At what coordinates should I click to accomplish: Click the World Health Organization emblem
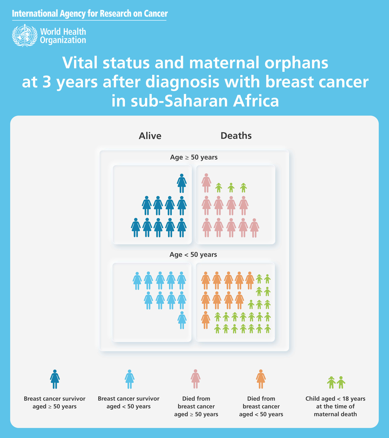pos(25,36)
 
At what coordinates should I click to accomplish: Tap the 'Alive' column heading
pos(150,136)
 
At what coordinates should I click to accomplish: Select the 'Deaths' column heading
pos(236,136)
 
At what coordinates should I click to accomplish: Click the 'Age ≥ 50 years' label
pos(194,157)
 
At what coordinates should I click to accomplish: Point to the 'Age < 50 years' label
pos(193,255)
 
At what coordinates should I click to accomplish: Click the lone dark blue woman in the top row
pos(182,183)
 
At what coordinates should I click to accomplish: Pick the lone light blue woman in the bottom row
pos(182,320)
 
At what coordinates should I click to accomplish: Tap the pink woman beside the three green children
pos(206,183)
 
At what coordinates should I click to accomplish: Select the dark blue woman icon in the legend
pos(55,379)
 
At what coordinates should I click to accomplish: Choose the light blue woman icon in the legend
pos(129,379)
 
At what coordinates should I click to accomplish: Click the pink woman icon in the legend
pos(196,379)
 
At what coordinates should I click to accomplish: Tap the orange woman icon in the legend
pos(261,379)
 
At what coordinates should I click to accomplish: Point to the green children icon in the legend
pos(336,382)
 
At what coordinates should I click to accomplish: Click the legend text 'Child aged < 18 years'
pos(335,399)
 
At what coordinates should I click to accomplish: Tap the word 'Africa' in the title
pos(256,101)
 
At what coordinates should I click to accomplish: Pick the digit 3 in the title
pos(46,82)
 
